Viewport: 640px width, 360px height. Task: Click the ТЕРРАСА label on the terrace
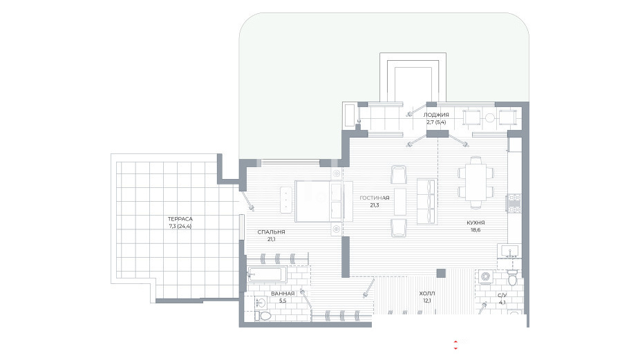(180, 219)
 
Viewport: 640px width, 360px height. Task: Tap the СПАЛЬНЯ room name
(271, 232)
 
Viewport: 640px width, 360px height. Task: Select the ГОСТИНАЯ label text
(375, 198)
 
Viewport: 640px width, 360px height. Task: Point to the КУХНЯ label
(476, 223)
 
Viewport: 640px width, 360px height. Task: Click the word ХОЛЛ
(427, 294)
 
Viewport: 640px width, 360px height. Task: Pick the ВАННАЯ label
(283, 294)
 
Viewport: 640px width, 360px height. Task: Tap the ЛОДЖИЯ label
(436, 115)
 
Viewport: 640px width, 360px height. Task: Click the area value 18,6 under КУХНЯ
(476, 230)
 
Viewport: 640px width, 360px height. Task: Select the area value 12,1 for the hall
(427, 301)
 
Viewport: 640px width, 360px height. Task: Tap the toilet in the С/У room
(512, 278)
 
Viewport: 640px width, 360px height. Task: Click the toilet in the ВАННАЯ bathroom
(263, 316)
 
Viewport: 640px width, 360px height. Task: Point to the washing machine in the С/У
(485, 276)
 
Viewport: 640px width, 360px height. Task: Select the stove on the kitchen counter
(514, 203)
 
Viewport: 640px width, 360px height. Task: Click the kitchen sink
(509, 251)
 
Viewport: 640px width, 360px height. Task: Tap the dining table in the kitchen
(476, 182)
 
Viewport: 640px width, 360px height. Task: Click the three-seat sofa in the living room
(426, 201)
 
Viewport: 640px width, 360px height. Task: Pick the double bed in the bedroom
(323, 202)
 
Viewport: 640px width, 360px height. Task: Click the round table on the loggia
(490, 118)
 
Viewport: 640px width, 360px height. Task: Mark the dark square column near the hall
(441, 273)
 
